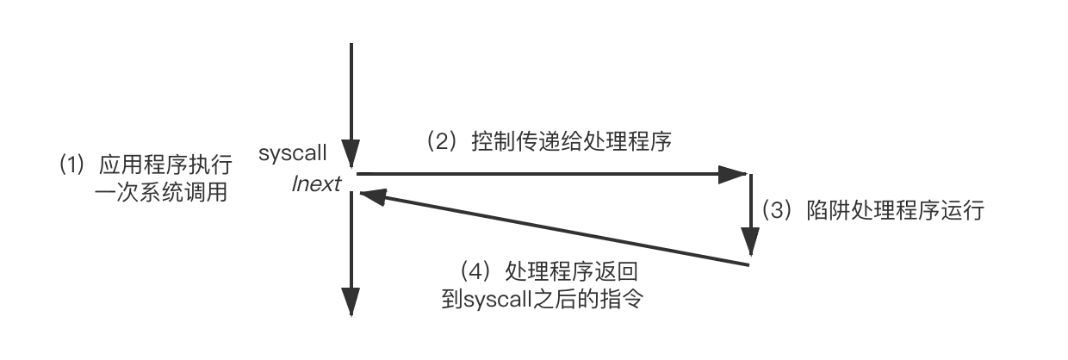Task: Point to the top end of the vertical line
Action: [x=351, y=43]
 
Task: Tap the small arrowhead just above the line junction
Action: [x=351, y=146]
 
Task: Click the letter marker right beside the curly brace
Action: [x=773, y=209]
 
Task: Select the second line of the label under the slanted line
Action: [x=542, y=298]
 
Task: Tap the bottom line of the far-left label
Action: [x=169, y=194]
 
